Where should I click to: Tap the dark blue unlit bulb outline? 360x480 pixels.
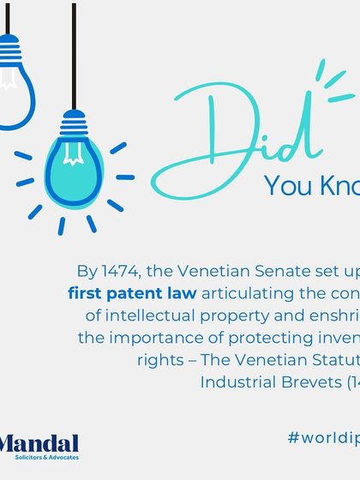click(15, 94)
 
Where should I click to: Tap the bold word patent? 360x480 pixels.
click(131, 293)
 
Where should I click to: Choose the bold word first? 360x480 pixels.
click(87, 293)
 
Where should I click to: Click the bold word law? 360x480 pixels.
click(179, 293)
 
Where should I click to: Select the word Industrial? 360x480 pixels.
click(237, 380)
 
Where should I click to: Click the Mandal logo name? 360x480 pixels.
click(39, 443)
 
